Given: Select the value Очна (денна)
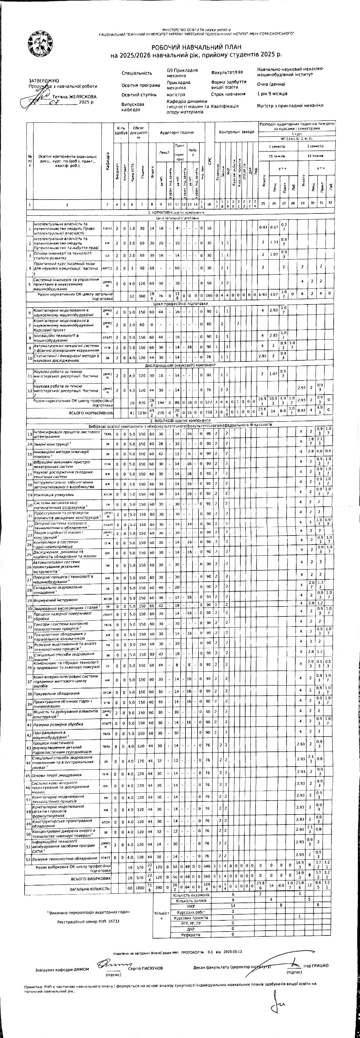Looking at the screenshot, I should pos(271,84).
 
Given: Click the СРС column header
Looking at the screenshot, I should pos(209,160).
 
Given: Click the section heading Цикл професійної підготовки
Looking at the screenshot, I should pos(181,304).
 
